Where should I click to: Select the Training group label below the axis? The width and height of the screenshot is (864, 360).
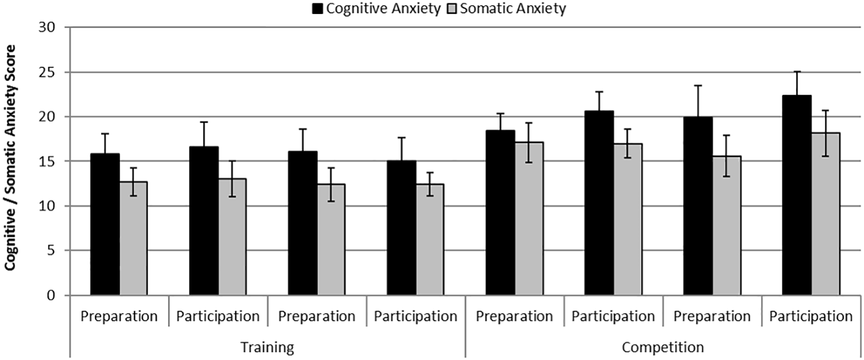[x=267, y=346]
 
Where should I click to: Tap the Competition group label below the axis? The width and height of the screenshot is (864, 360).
[x=663, y=346]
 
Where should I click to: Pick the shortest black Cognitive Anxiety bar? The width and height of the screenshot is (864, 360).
[x=402, y=228]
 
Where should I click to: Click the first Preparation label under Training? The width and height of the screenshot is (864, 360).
[x=119, y=316]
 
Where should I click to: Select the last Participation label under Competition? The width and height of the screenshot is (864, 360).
[x=811, y=316]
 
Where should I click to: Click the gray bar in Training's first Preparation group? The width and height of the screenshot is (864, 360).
[x=133, y=238]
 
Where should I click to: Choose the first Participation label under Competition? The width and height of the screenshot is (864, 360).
[x=613, y=316]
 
